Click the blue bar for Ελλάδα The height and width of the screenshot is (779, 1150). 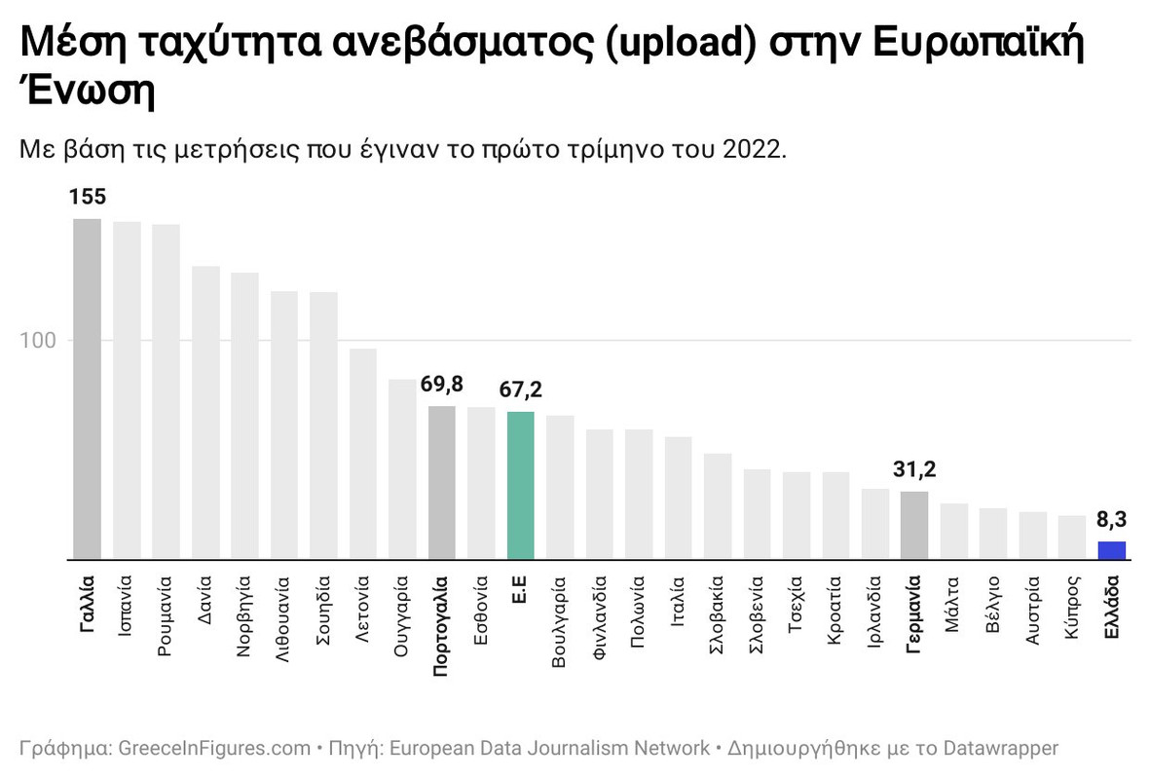[1111, 551]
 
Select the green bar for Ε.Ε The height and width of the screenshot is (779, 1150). [521, 486]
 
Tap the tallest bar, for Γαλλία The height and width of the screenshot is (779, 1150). [88, 389]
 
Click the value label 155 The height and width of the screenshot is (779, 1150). [88, 198]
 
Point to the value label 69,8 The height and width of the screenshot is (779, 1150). [442, 385]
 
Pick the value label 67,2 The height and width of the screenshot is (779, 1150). [521, 390]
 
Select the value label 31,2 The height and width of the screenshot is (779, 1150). [914, 470]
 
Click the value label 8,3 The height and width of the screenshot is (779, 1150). [1111, 520]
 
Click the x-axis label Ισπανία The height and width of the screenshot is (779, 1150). [127, 609]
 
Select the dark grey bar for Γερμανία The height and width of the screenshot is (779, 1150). [914, 526]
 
